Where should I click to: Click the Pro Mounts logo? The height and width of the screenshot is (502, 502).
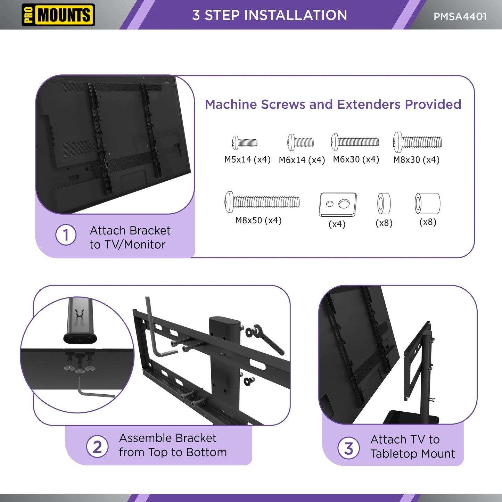pyautogui.click(x=58, y=15)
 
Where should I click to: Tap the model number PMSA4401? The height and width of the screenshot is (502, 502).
pyautogui.click(x=460, y=17)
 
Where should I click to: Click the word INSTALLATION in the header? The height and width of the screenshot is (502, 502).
pyautogui.click(x=295, y=15)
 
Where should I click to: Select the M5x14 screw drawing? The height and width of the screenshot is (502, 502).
pyautogui.click(x=245, y=143)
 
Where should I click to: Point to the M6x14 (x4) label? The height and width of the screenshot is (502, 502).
pyautogui.click(x=302, y=160)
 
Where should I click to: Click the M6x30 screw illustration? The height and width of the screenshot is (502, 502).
pyautogui.click(x=355, y=142)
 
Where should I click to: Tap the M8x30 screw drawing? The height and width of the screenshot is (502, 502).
pyautogui.click(x=417, y=142)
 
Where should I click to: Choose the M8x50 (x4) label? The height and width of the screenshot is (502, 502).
pyautogui.click(x=258, y=220)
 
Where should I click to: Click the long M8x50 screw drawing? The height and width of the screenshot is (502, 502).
pyautogui.click(x=262, y=202)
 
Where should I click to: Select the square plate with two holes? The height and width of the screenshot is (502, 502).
pyautogui.click(x=338, y=205)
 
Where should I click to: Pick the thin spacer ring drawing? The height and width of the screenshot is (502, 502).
pyautogui.click(x=384, y=204)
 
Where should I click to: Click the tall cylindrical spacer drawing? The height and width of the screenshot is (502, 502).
pyautogui.click(x=427, y=204)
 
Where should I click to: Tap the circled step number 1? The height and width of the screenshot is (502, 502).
pyautogui.click(x=66, y=235)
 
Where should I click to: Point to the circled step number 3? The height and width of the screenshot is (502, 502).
pyautogui.click(x=348, y=448)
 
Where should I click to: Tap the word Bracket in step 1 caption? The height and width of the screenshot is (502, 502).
pyautogui.click(x=150, y=231)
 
